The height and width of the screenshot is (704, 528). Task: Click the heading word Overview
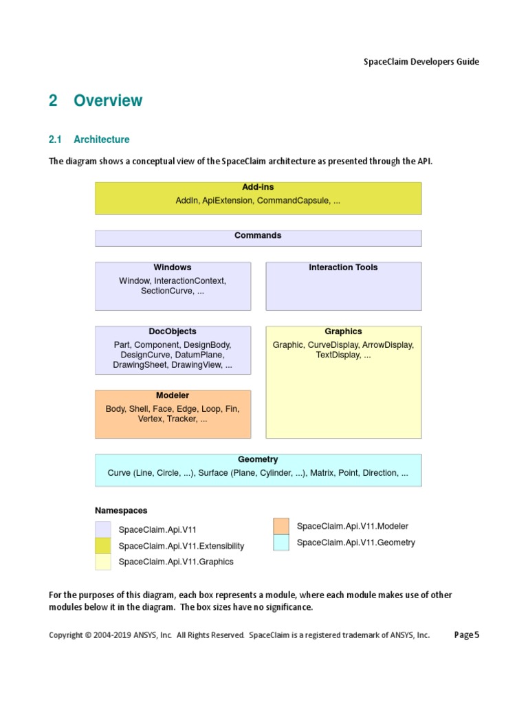pos(108,100)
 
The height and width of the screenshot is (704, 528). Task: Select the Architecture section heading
pos(101,140)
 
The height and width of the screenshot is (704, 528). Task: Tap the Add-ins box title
pos(258,187)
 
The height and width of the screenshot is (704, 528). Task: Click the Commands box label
pos(258,235)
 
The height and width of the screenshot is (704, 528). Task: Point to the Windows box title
pos(173,267)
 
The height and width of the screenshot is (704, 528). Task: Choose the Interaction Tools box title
pos(343,267)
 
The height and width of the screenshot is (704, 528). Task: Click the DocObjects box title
pos(173,331)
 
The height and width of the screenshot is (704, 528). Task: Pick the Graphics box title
pos(343,331)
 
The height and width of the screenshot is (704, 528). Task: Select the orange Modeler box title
pos(173,395)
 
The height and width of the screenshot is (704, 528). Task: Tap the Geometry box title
pos(258,459)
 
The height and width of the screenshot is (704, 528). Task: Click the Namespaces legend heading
pos(121,511)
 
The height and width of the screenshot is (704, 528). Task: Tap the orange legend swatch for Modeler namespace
pos(281,527)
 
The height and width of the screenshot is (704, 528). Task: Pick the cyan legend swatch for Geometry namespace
pos(281,542)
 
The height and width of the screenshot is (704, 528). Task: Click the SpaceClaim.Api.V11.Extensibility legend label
pos(181,546)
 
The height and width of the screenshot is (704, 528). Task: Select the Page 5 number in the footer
pos(466,635)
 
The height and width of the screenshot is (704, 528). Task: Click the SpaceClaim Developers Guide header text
pos(421,62)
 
